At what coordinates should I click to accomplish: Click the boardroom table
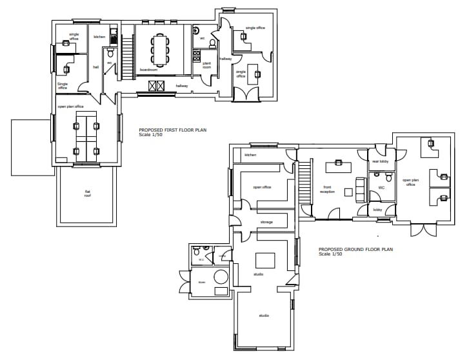tap(160, 49)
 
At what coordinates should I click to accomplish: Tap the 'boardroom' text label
tap(149, 70)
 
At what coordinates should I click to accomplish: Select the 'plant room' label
tap(207, 65)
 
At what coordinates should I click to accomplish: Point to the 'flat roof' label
tap(88, 193)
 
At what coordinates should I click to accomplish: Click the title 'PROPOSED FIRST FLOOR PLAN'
tap(172, 130)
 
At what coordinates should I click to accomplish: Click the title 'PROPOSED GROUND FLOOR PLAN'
tap(355, 249)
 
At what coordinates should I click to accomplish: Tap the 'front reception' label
tap(328, 190)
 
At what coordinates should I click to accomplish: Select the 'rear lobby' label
tap(379, 162)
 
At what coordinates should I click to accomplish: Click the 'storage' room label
tap(266, 222)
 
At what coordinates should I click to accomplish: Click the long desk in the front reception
tap(338, 167)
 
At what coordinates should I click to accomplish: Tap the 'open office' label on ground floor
tap(261, 187)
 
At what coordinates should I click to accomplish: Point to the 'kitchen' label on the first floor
tap(99, 37)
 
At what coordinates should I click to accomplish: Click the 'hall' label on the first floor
tap(95, 66)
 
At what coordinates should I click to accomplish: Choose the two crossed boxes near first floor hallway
tap(157, 86)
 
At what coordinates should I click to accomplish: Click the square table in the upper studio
tap(264, 260)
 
